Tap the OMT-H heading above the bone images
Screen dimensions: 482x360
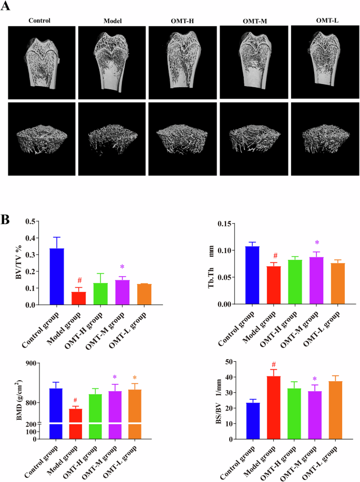tap(182, 20)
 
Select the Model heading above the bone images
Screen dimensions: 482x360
tap(112, 20)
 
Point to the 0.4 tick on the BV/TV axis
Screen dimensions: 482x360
tap(33, 238)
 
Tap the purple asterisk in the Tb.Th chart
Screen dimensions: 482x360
tap(317, 243)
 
